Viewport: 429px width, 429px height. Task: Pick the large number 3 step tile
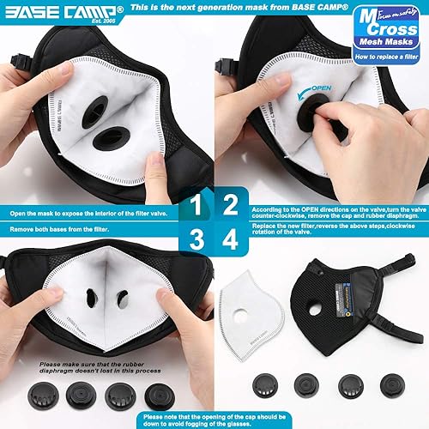point(198,216)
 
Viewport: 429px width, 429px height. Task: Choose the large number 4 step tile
point(231,216)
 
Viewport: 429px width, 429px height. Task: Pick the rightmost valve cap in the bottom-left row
point(156,396)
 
